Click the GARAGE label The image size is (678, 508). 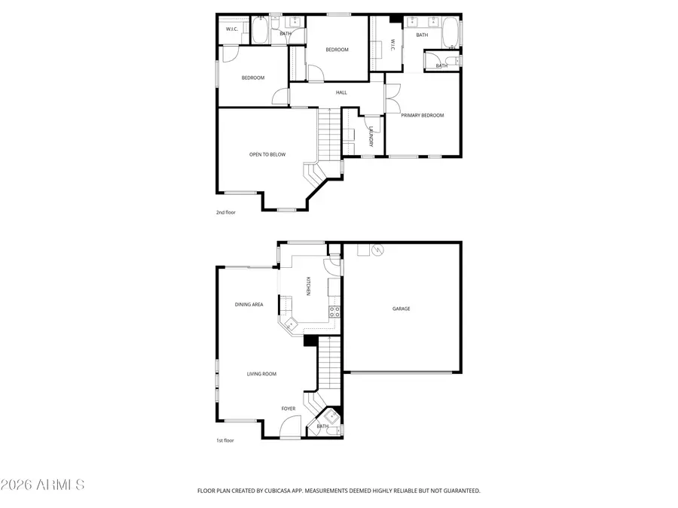(x=401, y=309)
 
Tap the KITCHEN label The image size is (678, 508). (x=307, y=286)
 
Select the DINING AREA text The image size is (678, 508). (x=249, y=305)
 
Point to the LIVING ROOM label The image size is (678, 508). (x=262, y=374)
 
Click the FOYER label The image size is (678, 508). (x=289, y=409)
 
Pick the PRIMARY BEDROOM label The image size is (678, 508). (x=422, y=115)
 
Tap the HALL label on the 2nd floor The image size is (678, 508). (x=341, y=93)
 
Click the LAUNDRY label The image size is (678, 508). (x=371, y=136)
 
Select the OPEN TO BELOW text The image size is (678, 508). (x=267, y=154)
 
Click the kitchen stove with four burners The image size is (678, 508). (x=334, y=311)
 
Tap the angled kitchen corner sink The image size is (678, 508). (x=289, y=324)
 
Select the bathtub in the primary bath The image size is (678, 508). (x=450, y=34)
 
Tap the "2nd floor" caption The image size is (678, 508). (x=226, y=212)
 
